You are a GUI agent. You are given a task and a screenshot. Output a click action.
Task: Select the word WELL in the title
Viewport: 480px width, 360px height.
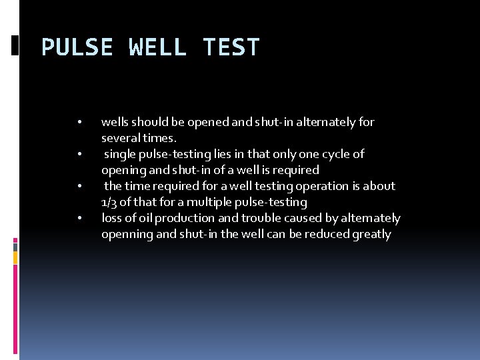tap(158, 47)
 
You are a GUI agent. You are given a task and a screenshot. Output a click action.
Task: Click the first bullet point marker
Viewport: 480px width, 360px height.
tap(79, 123)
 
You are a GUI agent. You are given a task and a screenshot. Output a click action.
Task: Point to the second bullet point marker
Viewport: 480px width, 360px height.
tap(79, 155)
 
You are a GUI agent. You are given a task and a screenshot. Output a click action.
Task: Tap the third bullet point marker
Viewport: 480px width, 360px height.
tap(79, 187)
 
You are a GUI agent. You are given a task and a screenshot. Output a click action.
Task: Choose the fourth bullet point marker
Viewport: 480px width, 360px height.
tap(79, 219)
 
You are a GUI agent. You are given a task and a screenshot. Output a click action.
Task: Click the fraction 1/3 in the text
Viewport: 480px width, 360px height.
tap(109, 202)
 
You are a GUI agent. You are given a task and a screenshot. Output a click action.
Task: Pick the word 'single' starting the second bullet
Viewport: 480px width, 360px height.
tap(119, 154)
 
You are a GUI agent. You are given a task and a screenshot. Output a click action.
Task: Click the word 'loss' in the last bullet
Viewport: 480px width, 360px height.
tap(111, 218)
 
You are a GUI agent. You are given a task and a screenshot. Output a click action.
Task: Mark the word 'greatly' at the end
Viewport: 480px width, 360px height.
tap(371, 234)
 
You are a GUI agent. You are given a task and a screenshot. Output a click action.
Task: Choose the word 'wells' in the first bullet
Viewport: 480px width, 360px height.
tap(115, 122)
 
